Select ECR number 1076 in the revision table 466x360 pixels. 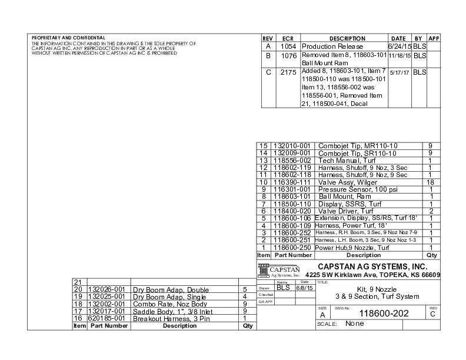288,55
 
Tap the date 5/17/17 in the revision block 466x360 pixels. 400,72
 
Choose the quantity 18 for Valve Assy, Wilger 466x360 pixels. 430,183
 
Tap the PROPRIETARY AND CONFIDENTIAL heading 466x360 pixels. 68,38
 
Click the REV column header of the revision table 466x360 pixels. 268,38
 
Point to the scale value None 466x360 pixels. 355,324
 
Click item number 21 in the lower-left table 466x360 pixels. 76,282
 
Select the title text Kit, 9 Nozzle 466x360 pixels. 377,289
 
